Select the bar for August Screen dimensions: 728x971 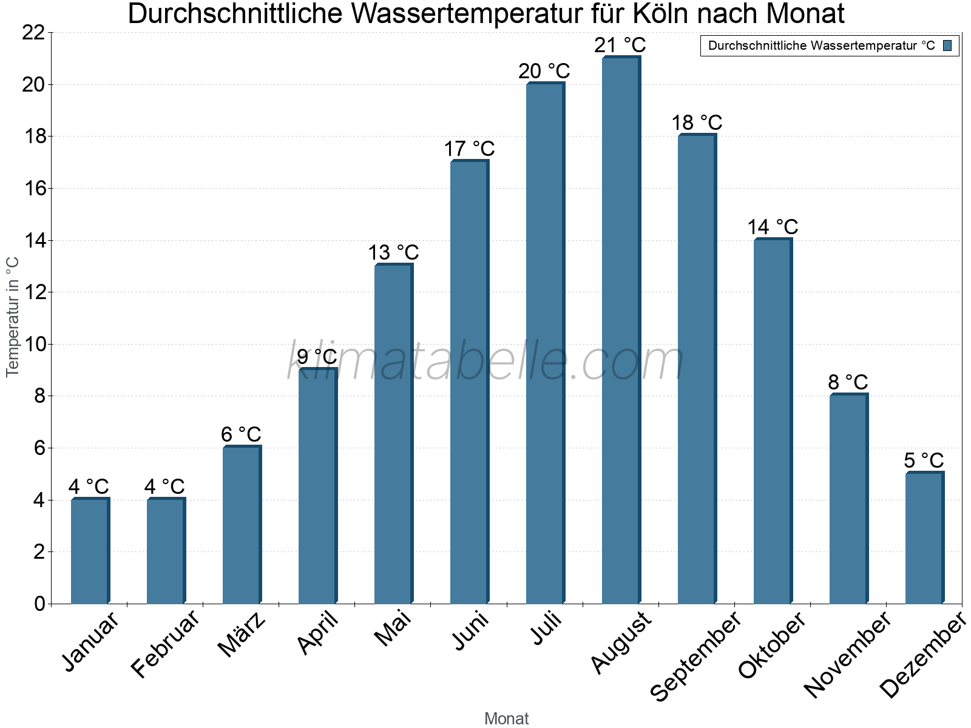point(620,331)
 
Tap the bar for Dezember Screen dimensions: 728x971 point(924,538)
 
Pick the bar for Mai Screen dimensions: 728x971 point(393,434)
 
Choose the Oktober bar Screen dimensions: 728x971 point(772,422)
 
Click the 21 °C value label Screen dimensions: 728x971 point(620,45)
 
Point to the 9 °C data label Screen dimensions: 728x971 point(317,357)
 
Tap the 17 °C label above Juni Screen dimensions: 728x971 point(469,149)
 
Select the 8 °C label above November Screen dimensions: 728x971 point(848,382)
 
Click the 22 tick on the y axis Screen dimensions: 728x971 point(33,33)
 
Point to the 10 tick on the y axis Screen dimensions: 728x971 point(33,345)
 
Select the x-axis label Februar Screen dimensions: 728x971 point(165,644)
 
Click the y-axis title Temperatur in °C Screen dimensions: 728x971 point(13,317)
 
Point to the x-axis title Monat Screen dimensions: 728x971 point(506,718)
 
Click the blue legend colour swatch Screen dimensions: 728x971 point(947,45)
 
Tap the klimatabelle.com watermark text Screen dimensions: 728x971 point(486,362)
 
